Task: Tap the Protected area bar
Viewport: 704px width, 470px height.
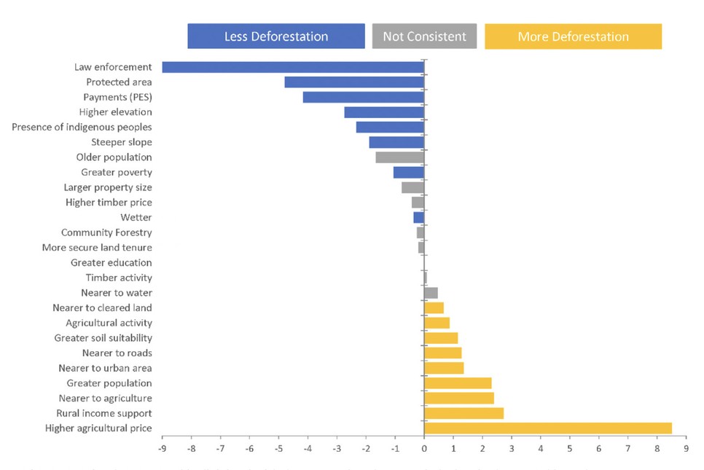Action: click(354, 82)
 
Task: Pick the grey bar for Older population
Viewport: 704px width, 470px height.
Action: click(400, 157)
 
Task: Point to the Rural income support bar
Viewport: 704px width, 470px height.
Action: click(464, 413)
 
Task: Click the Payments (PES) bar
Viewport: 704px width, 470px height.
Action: click(364, 98)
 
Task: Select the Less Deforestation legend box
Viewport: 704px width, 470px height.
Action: click(276, 36)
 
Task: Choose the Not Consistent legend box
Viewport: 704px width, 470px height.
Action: click(424, 36)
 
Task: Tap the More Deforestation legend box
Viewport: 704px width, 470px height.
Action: click(573, 36)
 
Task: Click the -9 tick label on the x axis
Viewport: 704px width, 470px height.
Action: click(162, 450)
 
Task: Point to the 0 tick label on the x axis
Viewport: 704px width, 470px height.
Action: click(424, 450)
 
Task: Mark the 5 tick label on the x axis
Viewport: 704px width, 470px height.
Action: click(570, 450)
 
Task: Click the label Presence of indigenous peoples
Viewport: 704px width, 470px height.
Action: click(82, 128)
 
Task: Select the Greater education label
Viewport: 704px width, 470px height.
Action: click(112, 263)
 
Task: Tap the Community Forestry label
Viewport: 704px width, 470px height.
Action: click(106, 232)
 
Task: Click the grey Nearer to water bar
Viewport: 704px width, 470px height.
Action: click(431, 293)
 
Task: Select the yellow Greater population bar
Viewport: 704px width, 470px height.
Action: click(458, 383)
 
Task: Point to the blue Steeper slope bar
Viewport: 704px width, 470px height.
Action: click(396, 142)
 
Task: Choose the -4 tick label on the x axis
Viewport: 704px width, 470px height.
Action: click(308, 450)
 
